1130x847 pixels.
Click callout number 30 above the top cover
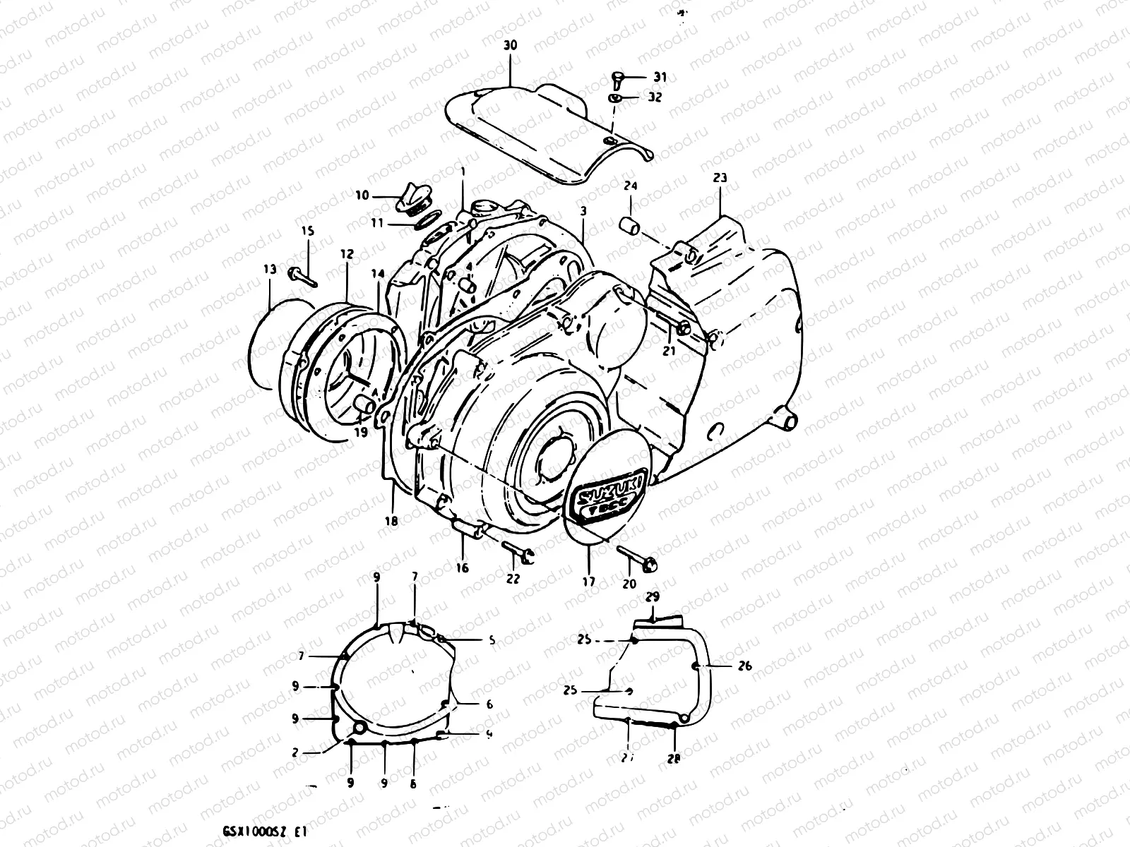[510, 45]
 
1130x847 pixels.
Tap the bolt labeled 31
[617, 78]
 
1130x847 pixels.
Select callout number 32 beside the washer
[655, 97]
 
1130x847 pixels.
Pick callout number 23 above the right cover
[720, 178]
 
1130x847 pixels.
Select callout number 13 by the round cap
[270, 268]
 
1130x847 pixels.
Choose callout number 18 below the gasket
[391, 521]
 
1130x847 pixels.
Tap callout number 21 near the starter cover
[670, 350]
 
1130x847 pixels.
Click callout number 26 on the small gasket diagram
[744, 666]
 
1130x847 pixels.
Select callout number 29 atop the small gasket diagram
[653, 597]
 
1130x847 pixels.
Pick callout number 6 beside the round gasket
[489, 704]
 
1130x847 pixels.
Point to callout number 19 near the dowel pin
[361, 433]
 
